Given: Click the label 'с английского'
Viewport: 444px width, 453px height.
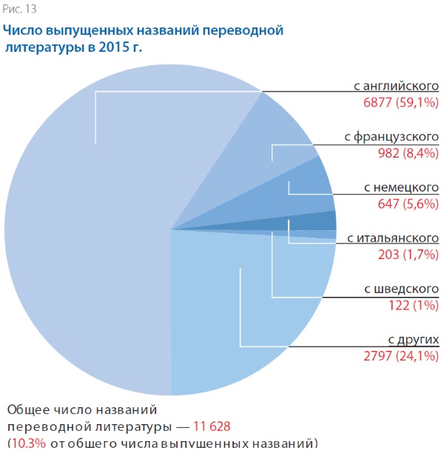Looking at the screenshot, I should click(397, 87).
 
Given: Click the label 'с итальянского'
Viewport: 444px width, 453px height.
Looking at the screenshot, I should click(393, 238).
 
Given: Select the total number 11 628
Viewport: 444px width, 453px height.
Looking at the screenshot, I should click(212, 426).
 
